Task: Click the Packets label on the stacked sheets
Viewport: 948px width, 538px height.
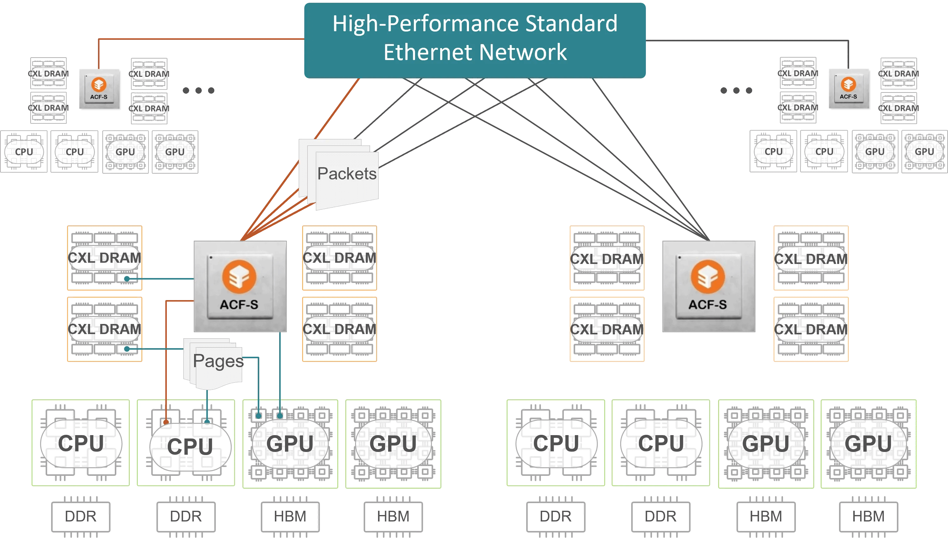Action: (x=347, y=174)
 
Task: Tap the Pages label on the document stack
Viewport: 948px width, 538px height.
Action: (x=218, y=361)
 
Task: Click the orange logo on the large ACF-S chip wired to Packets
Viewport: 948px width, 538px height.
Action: (x=239, y=277)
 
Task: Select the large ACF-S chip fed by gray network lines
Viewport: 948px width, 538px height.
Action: (x=708, y=286)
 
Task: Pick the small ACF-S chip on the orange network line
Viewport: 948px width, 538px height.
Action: (x=99, y=89)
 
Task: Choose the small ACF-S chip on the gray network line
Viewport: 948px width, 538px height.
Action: (x=848, y=89)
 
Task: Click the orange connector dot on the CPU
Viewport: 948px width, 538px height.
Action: (x=166, y=422)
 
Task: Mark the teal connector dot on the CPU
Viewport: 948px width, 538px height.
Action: (x=207, y=422)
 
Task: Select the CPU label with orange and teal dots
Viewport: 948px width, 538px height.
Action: (x=190, y=446)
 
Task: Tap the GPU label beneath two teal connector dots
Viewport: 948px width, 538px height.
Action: (x=290, y=444)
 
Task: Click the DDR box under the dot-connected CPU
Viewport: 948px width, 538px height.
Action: (x=186, y=516)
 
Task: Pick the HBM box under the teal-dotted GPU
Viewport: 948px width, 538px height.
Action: (x=290, y=516)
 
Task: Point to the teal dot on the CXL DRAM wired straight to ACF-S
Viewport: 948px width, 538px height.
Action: (x=127, y=279)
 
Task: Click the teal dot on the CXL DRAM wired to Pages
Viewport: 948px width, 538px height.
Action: (x=127, y=349)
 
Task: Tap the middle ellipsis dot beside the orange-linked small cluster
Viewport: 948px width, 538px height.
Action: (x=199, y=91)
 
